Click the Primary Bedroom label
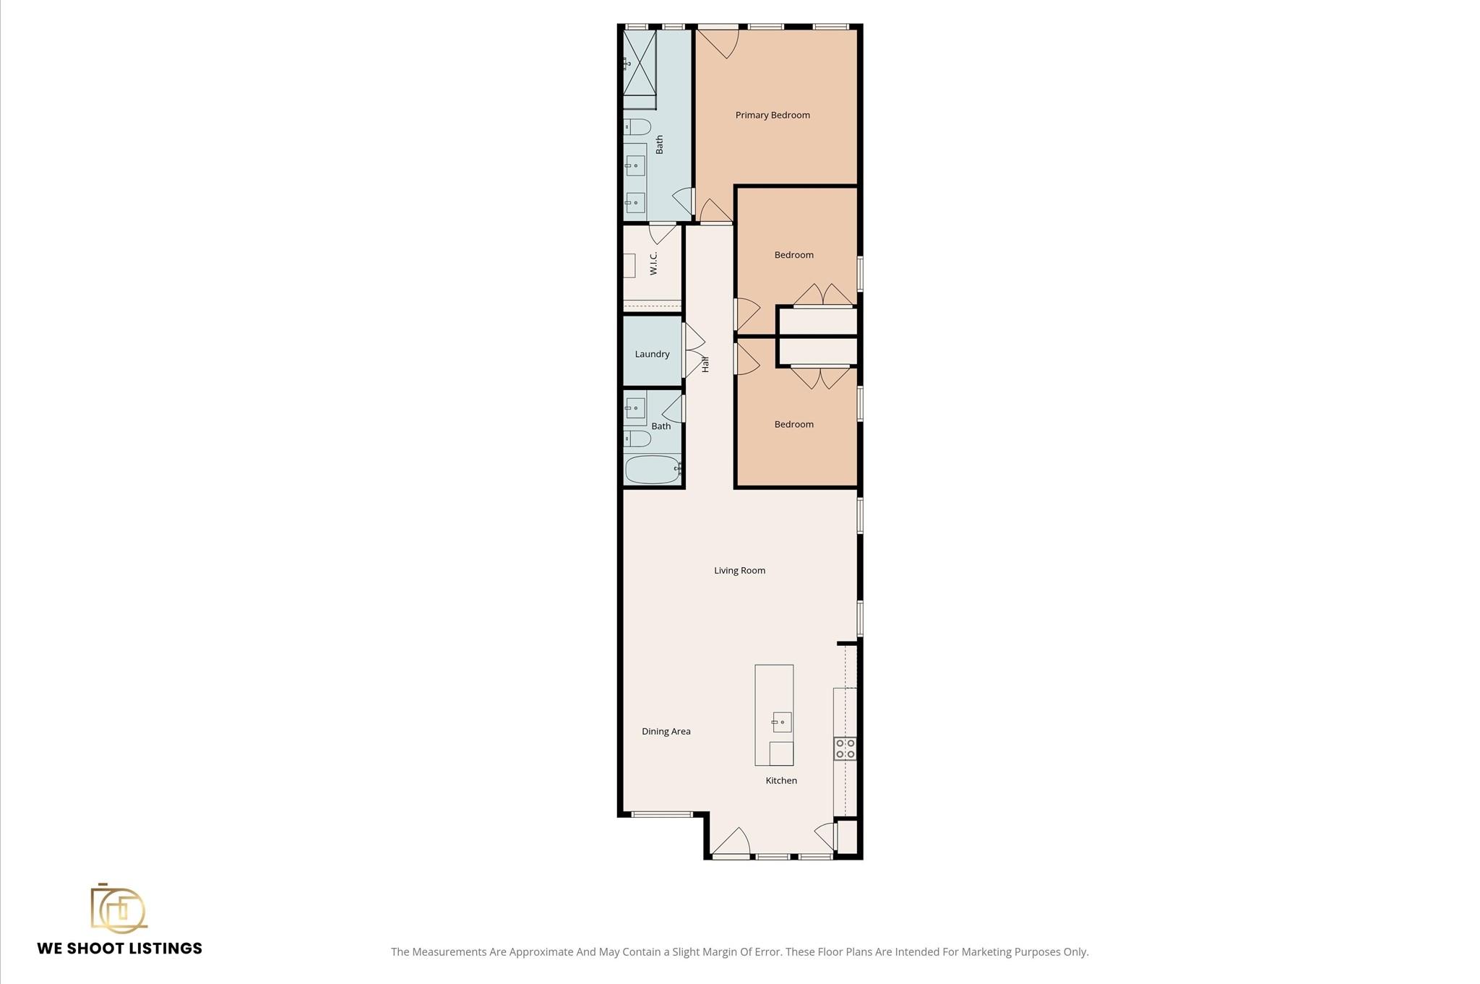[772, 115]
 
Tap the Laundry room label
[652, 354]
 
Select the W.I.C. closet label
[653, 264]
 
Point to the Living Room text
[739, 570]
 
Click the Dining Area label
[666, 731]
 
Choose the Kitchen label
[781, 780]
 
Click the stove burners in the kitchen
[845, 748]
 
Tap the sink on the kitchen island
[782, 722]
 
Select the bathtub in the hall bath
[652, 470]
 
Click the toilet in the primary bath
[637, 127]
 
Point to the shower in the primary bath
[640, 62]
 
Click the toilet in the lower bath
[637, 439]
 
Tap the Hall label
[705, 364]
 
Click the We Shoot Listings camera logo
[118, 908]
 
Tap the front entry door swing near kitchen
[731, 842]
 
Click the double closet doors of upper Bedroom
[823, 296]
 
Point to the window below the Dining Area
[662, 814]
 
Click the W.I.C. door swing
[662, 234]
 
